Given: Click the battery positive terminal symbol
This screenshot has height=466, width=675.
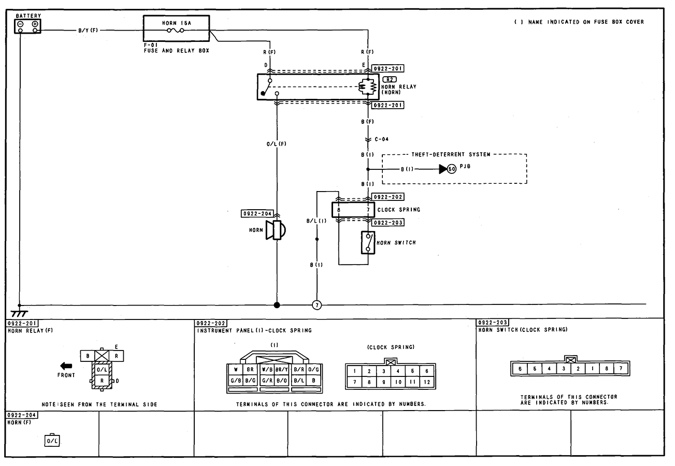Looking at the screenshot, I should coord(35,24).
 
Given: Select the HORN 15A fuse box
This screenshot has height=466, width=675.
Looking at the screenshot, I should coord(176,28).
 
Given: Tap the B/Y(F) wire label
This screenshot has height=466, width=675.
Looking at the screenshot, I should coord(88,31).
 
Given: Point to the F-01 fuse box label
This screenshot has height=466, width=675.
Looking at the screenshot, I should coord(151,45).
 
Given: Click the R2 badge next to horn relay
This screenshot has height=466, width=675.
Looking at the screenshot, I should coord(389,79).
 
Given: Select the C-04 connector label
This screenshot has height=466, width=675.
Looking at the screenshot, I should coord(381,139).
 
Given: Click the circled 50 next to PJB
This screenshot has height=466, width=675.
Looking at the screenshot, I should coord(451,169).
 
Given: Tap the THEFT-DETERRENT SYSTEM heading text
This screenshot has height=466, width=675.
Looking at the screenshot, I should coord(451,154).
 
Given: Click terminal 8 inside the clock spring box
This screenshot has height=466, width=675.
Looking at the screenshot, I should coord(338,210).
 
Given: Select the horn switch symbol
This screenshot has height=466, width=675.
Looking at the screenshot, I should coord(368,242).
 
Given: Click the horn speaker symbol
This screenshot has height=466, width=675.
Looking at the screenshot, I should coord(276,230).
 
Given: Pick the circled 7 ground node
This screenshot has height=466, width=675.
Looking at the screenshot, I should coord(317,305).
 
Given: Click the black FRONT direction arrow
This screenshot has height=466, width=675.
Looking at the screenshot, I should coord(66,366).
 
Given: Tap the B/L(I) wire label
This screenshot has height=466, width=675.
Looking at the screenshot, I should coord(315,221).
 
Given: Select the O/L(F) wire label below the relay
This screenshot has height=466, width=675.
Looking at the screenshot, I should coord(277,143).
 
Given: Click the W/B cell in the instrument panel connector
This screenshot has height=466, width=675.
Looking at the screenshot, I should coord(267,370).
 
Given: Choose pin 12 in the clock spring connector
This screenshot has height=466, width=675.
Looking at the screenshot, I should coord(427,382).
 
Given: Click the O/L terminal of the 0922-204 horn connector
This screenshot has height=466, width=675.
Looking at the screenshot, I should coord(52,441).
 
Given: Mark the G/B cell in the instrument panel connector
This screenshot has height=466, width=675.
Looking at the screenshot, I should coord(235,381).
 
